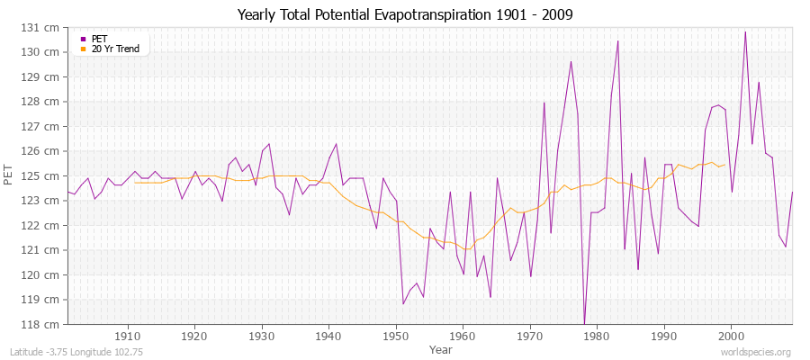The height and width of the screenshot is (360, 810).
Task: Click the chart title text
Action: click(x=404, y=15)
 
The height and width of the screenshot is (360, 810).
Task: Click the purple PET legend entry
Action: click(x=99, y=39)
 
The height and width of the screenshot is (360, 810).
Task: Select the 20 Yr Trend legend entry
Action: click(x=115, y=49)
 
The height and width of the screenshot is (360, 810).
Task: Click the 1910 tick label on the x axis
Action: click(x=127, y=337)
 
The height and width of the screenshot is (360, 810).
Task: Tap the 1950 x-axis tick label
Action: click(x=395, y=337)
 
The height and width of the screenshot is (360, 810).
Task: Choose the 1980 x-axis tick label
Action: click(x=597, y=337)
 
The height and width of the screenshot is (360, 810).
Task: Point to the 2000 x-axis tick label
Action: click(x=731, y=337)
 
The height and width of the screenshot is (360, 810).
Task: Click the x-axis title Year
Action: click(x=441, y=348)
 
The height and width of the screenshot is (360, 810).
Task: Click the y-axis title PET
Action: click(x=10, y=175)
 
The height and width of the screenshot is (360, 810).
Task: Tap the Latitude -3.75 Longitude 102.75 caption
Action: click(x=76, y=352)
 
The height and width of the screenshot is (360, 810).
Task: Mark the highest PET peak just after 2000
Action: click(x=745, y=32)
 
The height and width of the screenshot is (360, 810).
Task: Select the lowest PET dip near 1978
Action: click(x=584, y=322)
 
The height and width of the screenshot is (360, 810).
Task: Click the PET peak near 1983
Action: click(x=617, y=41)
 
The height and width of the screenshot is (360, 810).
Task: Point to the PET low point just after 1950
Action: click(x=402, y=303)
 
